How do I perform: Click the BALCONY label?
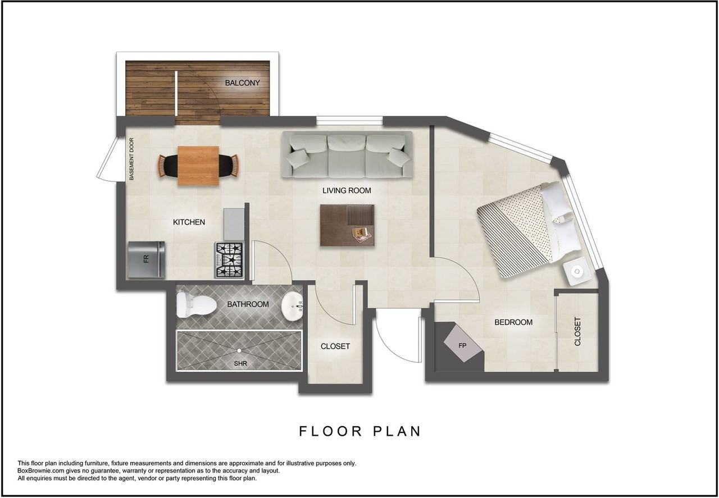[242, 83]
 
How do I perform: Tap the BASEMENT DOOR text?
[131, 159]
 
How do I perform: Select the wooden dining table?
[198, 166]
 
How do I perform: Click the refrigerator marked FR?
[147, 259]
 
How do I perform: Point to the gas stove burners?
[229, 260]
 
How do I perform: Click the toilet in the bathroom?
[195, 305]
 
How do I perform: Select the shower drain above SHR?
[239, 351]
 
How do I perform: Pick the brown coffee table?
[347, 225]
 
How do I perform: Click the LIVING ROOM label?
[347, 190]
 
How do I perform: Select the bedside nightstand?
[577, 272]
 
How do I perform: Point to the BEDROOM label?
[513, 322]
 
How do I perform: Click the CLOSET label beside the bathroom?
[335, 346]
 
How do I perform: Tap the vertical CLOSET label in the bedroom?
[577, 331]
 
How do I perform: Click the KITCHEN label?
[189, 222]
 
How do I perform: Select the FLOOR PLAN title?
[360, 431]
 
